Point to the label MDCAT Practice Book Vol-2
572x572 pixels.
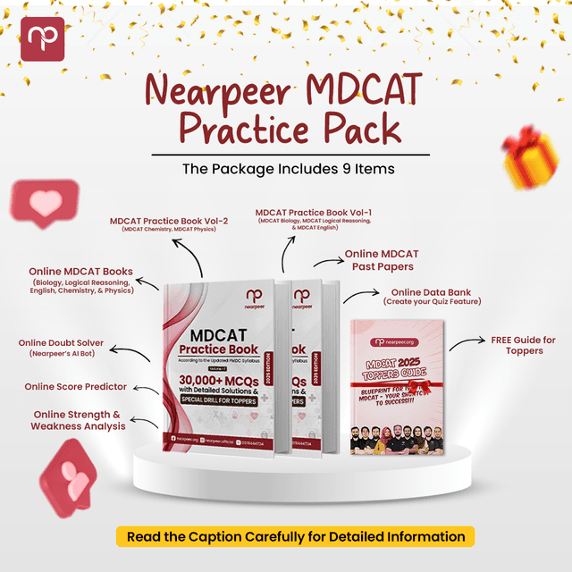169,221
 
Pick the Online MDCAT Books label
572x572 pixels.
80,272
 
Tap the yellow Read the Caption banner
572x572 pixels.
295,536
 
